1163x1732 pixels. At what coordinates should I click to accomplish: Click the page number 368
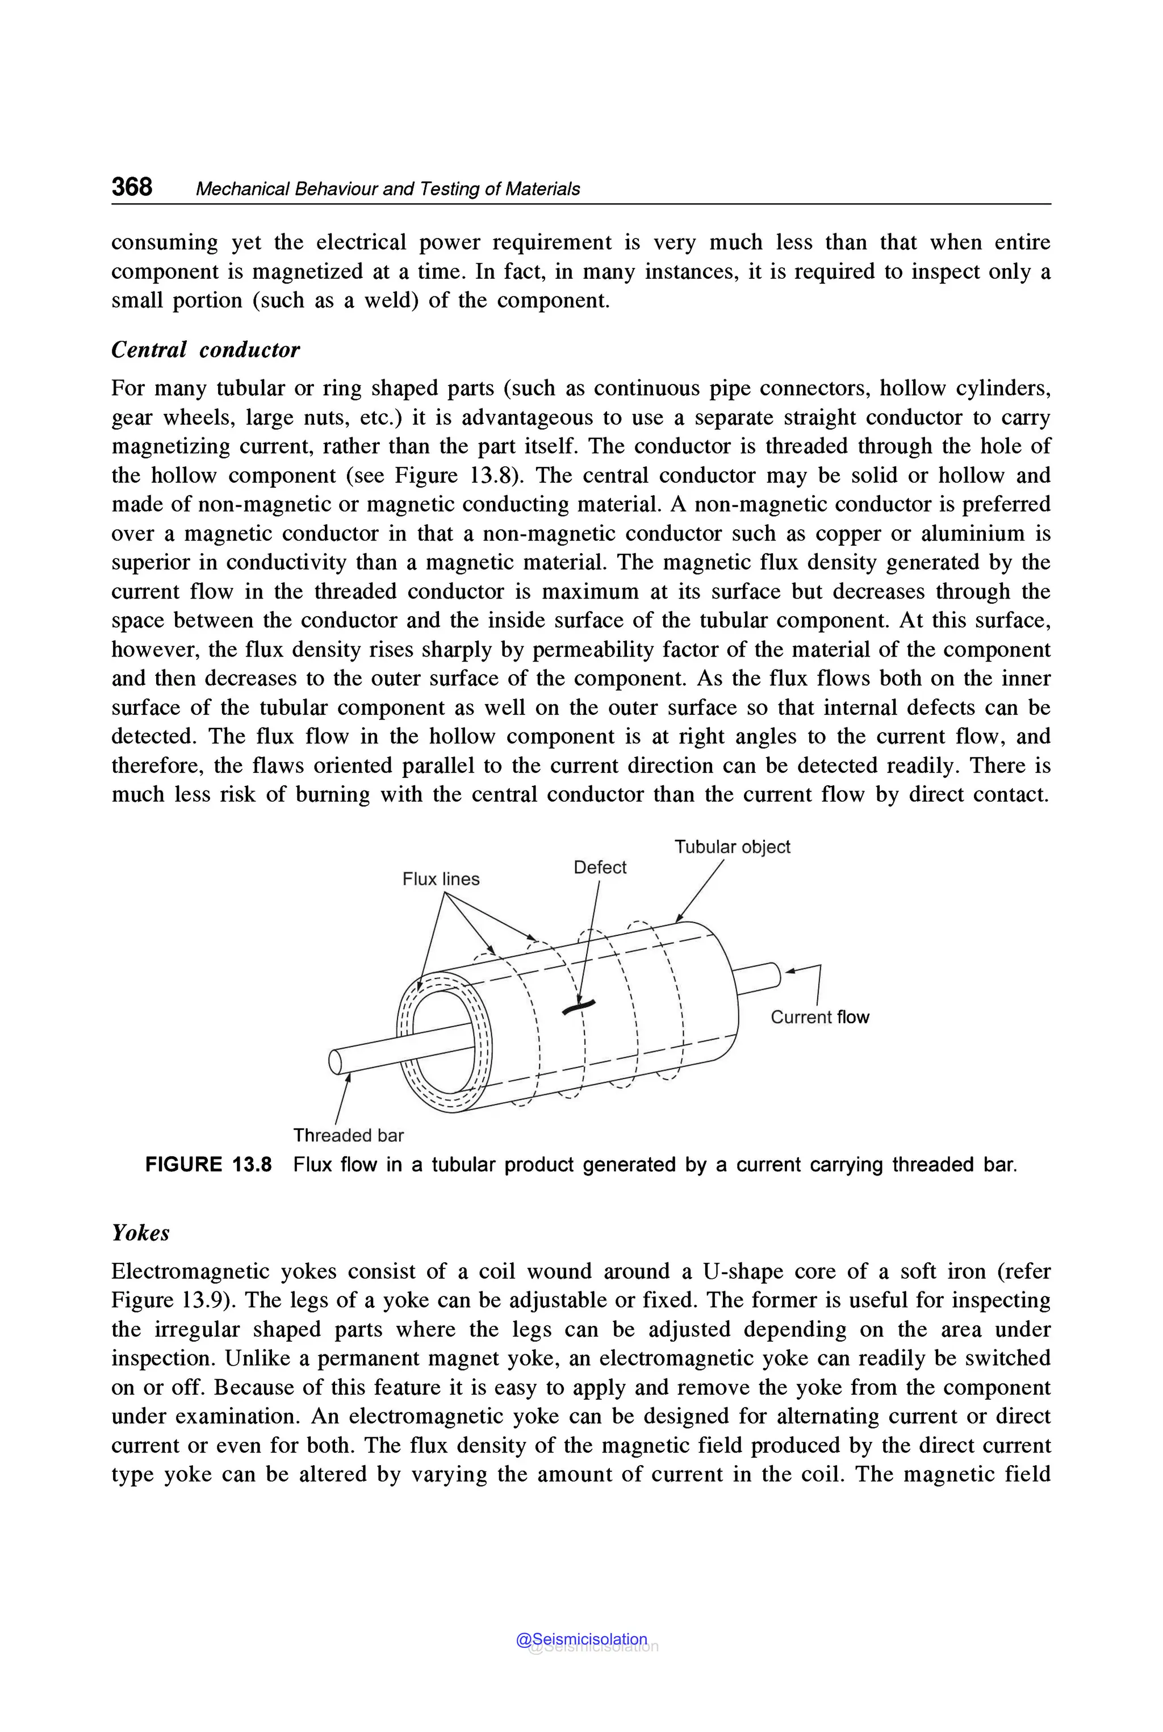pyautogui.click(x=132, y=186)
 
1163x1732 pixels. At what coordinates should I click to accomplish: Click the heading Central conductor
pyautogui.click(x=206, y=350)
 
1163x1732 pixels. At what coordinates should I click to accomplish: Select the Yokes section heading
pyautogui.click(x=140, y=1233)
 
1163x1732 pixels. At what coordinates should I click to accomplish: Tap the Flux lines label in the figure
pyautogui.click(x=441, y=879)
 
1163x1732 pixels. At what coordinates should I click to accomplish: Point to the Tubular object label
pyautogui.click(x=732, y=847)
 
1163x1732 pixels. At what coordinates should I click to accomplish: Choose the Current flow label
pyautogui.click(x=819, y=1017)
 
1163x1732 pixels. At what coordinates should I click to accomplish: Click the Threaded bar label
pyautogui.click(x=348, y=1135)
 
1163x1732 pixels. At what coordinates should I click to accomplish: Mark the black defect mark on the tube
pyautogui.click(x=579, y=1007)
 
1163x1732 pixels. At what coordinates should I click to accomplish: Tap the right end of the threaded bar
pyautogui.click(x=775, y=974)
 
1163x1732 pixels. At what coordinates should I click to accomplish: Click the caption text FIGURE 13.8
pyautogui.click(x=208, y=1165)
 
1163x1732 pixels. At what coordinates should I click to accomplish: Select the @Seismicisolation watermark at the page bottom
pyautogui.click(x=581, y=1639)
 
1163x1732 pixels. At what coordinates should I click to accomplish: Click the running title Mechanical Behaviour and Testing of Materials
pyautogui.click(x=387, y=189)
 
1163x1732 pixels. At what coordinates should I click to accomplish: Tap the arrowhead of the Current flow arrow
pyautogui.click(x=790, y=970)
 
